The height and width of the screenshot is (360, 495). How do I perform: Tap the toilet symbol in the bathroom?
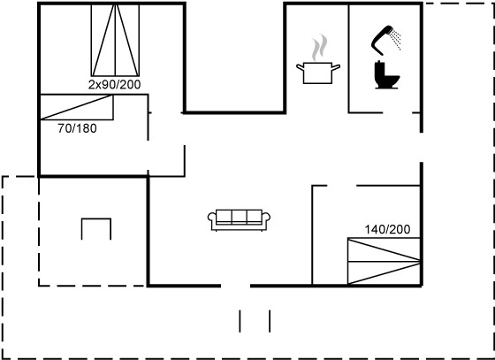pyautogui.click(x=386, y=75)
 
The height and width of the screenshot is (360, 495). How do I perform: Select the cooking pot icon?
pyautogui.click(x=318, y=73)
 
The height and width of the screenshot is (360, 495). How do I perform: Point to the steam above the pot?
pyautogui.click(x=319, y=48)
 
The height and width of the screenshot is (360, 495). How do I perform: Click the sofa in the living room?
pyautogui.click(x=239, y=219)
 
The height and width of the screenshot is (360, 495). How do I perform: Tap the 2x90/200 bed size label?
pyautogui.click(x=114, y=85)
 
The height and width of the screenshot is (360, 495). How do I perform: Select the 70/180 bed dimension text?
pyautogui.click(x=78, y=128)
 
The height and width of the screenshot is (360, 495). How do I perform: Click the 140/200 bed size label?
pyautogui.click(x=388, y=229)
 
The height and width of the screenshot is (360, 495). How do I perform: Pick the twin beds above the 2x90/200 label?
pyautogui.click(x=115, y=40)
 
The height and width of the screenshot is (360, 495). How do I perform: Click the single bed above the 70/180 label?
pyautogui.click(x=77, y=107)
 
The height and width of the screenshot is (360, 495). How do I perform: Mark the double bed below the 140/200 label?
pyautogui.click(x=384, y=261)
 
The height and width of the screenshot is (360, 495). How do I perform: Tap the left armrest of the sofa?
pyautogui.click(x=211, y=218)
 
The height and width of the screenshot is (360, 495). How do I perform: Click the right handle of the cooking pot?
pyautogui.click(x=336, y=67)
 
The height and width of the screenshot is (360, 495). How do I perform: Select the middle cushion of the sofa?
pyautogui.click(x=239, y=216)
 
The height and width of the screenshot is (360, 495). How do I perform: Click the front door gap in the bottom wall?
pyautogui.click(x=235, y=286)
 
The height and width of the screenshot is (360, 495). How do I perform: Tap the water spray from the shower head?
pyautogui.click(x=396, y=39)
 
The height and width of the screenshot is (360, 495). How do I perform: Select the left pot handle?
pyautogui.click(x=301, y=67)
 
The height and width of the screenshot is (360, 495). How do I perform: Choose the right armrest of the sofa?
pyautogui.click(x=266, y=218)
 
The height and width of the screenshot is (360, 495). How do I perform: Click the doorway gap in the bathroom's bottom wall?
pyautogui.click(x=398, y=112)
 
